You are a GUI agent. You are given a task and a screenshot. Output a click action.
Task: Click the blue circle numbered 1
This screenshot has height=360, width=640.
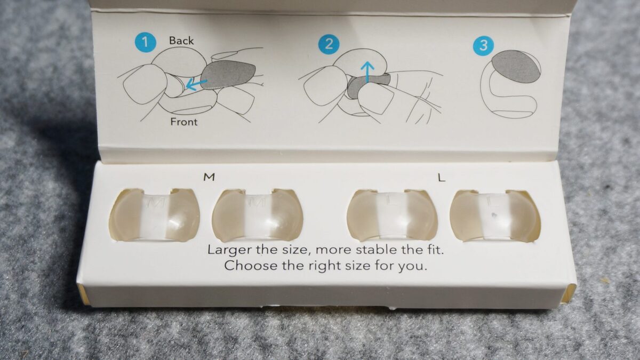tap(146, 43)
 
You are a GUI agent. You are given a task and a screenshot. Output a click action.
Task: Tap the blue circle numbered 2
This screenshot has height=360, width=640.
tap(329, 44)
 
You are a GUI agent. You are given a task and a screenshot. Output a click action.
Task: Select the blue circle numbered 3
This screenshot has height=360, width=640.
tap(483, 46)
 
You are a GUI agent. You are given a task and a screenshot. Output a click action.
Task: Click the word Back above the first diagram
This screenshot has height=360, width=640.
tap(181, 41)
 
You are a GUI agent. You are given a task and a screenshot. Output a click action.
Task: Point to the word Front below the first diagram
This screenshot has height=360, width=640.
tap(183, 122)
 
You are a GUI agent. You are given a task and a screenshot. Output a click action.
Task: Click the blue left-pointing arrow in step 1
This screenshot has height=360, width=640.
tap(196, 84)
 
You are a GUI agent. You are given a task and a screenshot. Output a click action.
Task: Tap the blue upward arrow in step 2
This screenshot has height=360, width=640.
tap(367, 73)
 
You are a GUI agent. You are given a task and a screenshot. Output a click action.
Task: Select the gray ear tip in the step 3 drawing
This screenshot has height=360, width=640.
tap(516, 67)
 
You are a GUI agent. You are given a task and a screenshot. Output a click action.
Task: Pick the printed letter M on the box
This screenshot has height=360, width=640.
tap(209, 177)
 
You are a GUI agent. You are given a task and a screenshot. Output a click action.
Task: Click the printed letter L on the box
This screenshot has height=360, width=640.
tap(442, 178)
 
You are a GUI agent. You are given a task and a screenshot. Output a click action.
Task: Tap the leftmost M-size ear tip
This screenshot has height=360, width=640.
tap(155, 215)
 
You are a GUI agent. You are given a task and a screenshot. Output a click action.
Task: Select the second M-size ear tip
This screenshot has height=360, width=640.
tap(257, 215)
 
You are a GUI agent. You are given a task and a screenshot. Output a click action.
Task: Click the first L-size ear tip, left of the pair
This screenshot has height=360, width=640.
tap(392, 215)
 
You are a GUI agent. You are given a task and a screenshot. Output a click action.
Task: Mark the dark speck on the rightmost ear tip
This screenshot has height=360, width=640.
tap(493, 214)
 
